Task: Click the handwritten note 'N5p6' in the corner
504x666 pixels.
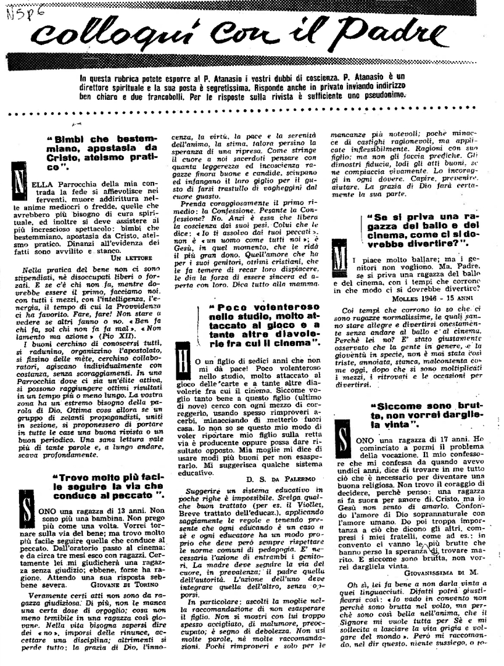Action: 18,10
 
